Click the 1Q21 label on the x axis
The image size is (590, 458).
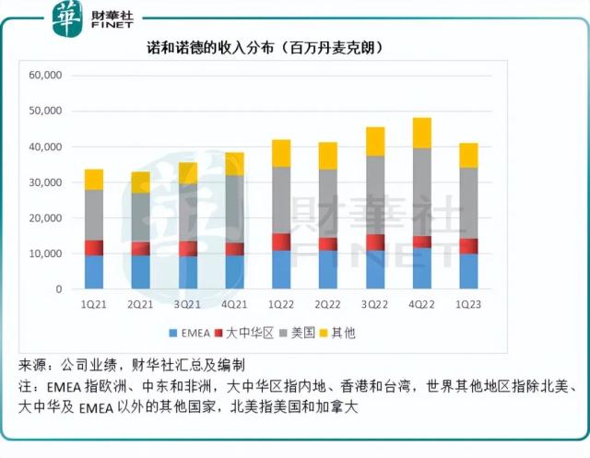93,304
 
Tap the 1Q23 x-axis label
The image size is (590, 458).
467,304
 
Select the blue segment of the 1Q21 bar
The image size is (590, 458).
93,272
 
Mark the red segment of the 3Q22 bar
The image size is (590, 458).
374,242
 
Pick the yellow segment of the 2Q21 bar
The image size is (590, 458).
140,182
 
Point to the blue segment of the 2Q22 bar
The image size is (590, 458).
327,269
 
